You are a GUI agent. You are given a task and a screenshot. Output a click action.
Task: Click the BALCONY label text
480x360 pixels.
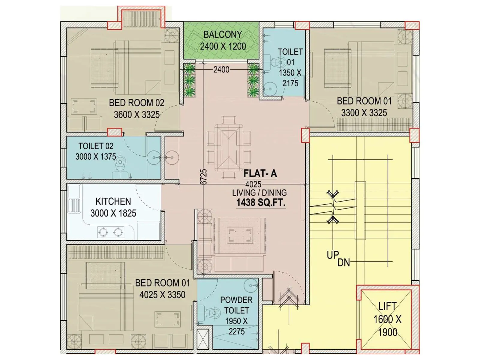coord(222,35)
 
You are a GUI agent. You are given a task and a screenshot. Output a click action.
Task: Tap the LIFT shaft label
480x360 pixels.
coord(387,306)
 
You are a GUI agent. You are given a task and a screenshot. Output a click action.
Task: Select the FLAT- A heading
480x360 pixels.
coord(260,173)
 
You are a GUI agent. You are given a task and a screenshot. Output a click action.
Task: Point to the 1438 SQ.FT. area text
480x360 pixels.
coord(260,203)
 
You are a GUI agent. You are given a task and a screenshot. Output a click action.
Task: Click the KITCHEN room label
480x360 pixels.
coord(113,201)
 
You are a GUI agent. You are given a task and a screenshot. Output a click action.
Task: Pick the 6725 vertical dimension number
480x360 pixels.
coord(203,177)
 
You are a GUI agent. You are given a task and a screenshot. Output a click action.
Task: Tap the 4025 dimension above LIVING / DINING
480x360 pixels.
coord(253,184)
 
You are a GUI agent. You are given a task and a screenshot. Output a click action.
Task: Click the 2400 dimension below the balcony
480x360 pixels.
coord(221,70)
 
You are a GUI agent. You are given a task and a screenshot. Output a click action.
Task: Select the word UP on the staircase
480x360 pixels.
coord(333,255)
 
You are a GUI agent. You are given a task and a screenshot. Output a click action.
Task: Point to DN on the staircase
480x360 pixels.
coord(343,263)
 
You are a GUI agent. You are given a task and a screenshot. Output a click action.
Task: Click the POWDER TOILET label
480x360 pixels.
coord(236,305)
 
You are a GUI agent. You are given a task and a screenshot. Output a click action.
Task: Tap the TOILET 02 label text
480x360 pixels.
coord(96,146)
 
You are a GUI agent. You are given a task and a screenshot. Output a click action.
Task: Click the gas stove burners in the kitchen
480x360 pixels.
coord(111,232)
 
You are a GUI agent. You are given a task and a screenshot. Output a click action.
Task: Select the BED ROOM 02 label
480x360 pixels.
coord(136,103)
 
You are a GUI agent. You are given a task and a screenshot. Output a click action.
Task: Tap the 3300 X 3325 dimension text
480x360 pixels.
coord(364,113)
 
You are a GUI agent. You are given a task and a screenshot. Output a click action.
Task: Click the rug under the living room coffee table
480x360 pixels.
coord(239,235)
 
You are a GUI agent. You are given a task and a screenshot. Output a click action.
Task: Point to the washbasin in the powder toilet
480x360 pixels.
coord(250,286)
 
